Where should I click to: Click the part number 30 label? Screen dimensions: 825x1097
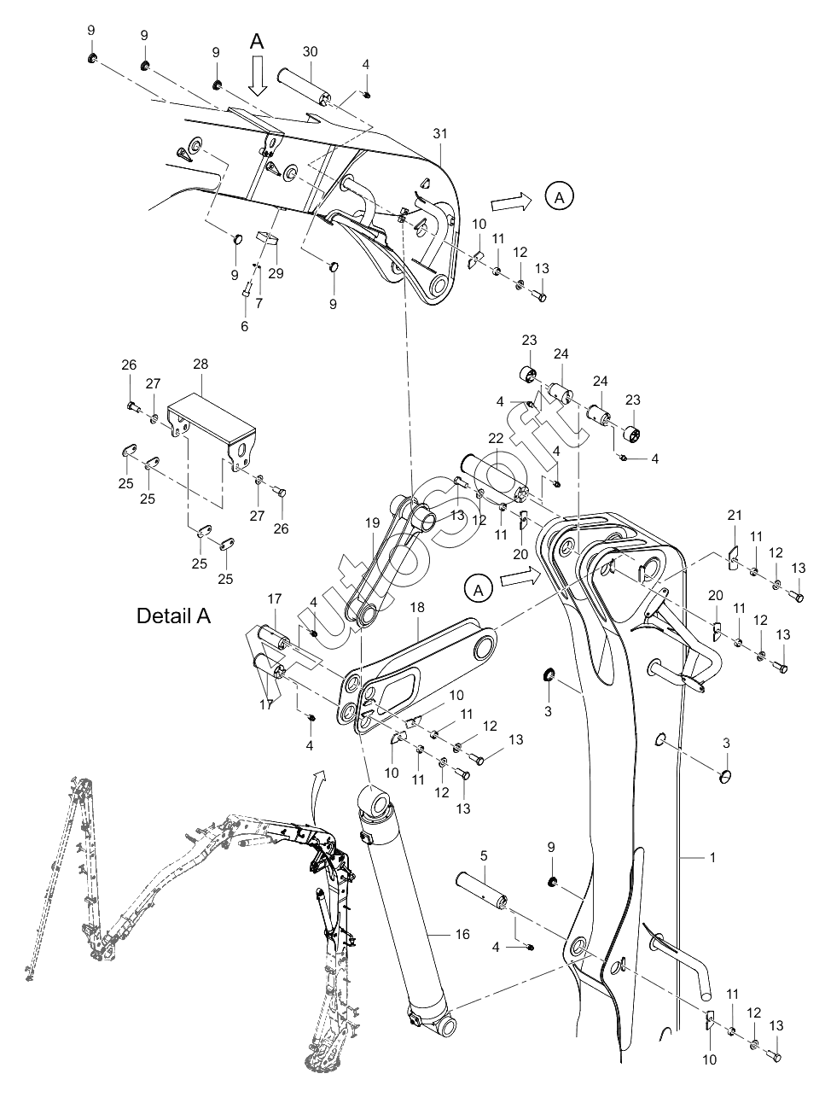coord(310,52)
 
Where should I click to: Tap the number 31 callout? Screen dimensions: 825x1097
coord(440,134)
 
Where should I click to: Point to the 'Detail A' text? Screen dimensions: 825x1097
coord(174,616)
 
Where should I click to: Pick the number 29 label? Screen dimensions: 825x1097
coord(276,273)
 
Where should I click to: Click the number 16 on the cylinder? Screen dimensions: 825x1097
coord(462,934)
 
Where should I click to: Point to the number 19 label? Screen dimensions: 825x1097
coord(372,523)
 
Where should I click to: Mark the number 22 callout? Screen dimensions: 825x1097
coord(496,438)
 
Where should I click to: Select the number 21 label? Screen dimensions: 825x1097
coord(735,515)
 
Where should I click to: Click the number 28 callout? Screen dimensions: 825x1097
coord(200,364)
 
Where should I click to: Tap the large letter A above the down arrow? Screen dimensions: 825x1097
coord(257,42)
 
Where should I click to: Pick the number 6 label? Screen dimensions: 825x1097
coord(244,326)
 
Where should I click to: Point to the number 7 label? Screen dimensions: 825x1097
coord(259,303)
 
